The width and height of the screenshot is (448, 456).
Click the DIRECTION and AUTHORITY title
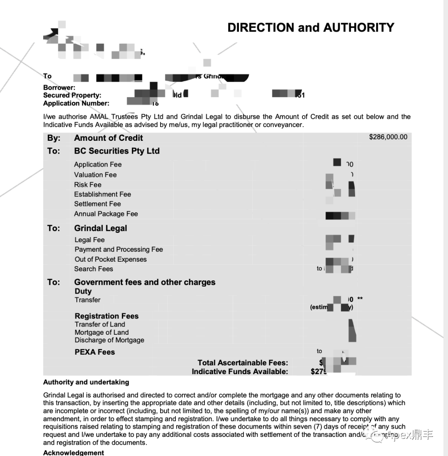coord(311,27)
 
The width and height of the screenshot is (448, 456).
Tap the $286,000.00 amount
coord(388,137)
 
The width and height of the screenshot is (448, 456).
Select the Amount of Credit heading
coord(108,138)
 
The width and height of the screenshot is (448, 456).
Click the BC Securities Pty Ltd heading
coord(117,151)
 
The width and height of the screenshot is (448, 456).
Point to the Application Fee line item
coord(98,164)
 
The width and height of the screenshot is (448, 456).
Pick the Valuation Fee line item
coord(95,175)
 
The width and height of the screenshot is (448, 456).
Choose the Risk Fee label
coord(88,185)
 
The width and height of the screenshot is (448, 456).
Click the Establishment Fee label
coord(102,194)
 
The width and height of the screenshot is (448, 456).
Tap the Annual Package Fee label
coord(106,214)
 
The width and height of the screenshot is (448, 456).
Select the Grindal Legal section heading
coord(100,228)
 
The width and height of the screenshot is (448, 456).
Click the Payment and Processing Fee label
coord(119,249)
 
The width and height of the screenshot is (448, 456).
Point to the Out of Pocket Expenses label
coord(110,259)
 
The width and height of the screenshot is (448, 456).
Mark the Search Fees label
coord(94,269)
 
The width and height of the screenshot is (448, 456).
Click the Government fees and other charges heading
coord(145,282)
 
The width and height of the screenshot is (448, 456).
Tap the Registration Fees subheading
coord(107,316)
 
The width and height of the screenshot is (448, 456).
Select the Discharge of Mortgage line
coord(110,340)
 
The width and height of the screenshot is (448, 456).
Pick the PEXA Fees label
coord(95,352)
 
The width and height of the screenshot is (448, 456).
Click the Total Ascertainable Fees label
coord(243,363)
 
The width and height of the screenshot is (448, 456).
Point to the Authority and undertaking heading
coord(86,382)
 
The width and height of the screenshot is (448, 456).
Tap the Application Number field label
coord(76,103)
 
